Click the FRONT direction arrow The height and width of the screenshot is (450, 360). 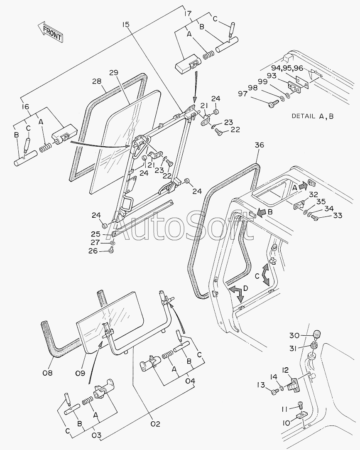point(50,32)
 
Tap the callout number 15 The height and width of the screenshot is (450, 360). point(126,25)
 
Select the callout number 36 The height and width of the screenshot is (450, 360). point(259,145)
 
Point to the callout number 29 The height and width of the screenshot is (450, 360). point(114,72)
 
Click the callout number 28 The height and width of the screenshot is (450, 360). point(97,81)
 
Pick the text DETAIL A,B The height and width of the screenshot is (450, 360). point(312,116)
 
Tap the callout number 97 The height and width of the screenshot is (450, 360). point(242,94)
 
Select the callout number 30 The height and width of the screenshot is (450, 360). point(294,335)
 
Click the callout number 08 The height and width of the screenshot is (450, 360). point(48,373)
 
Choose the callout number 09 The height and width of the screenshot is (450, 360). point(80,373)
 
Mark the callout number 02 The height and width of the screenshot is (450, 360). point(155,423)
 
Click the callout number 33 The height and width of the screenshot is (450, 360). point(337,215)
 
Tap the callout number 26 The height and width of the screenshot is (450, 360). point(93,251)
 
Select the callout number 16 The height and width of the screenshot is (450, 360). point(25,107)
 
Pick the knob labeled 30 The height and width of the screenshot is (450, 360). point(316,334)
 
